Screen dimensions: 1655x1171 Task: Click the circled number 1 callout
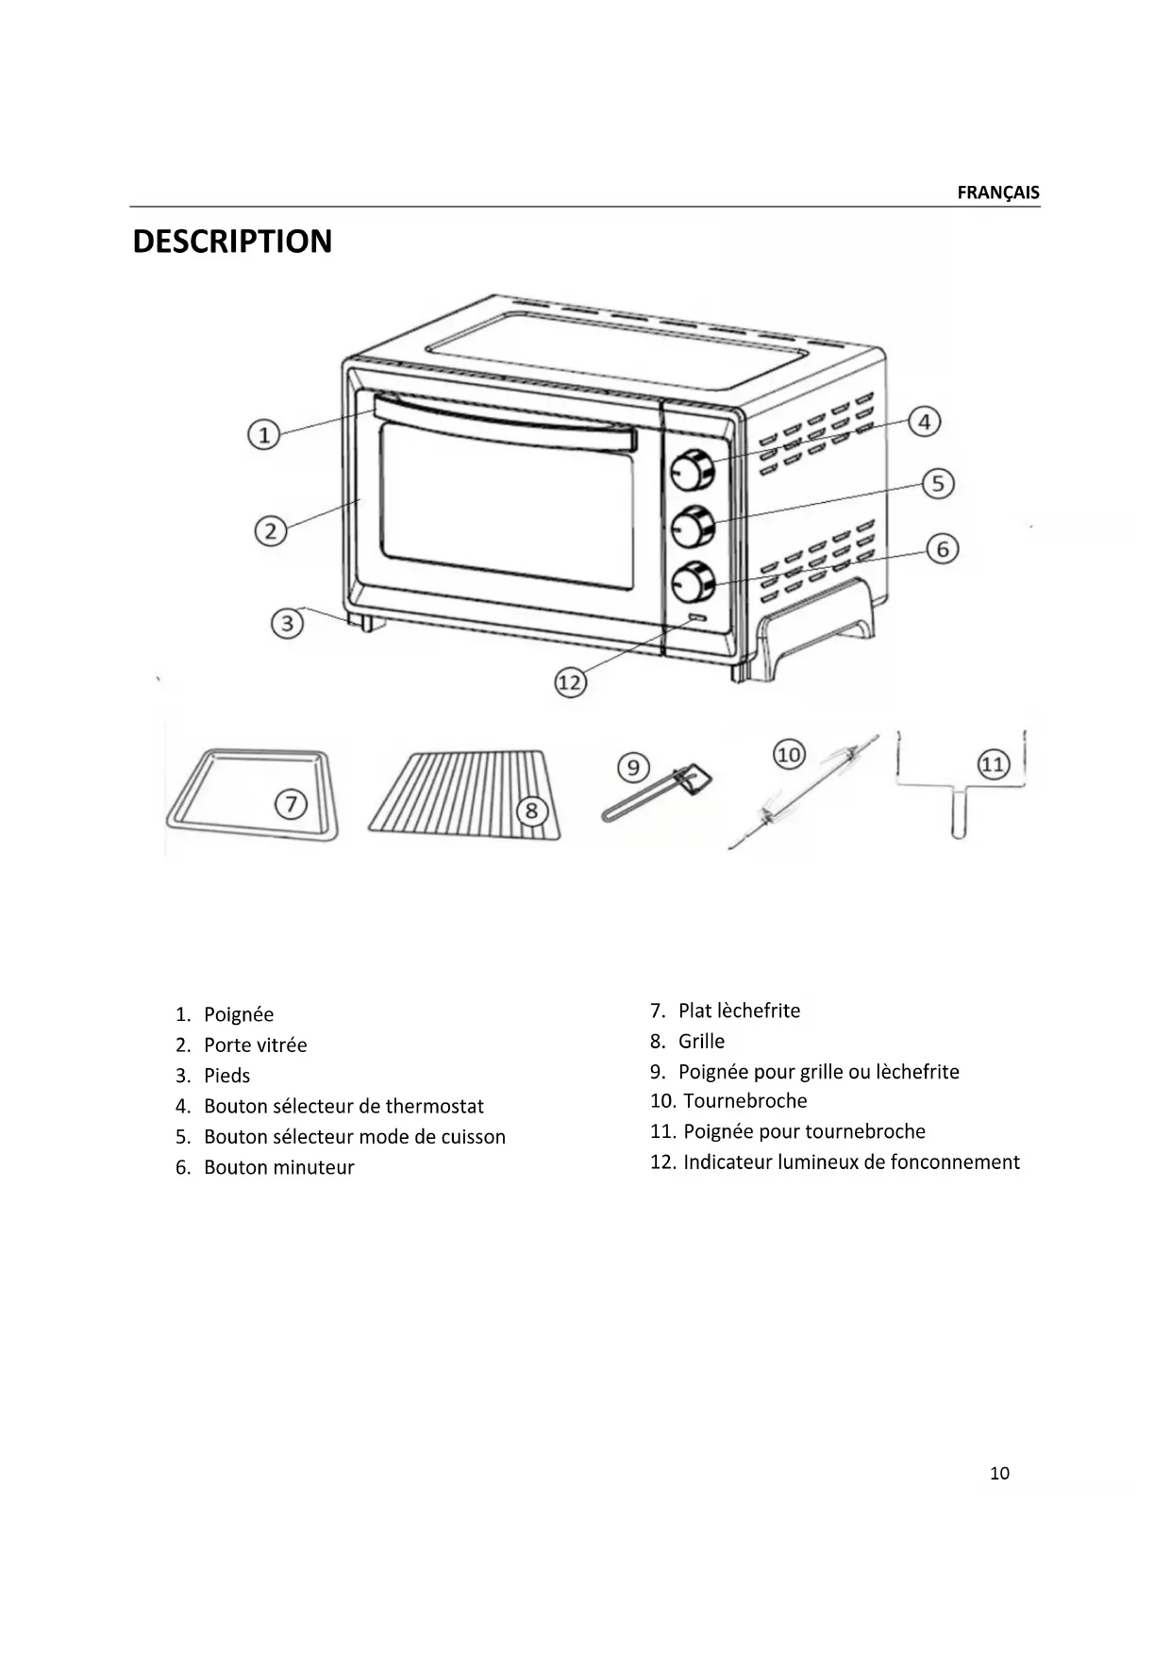(x=264, y=435)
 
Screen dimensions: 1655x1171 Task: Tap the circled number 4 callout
(x=924, y=422)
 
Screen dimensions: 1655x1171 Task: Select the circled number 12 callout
(x=570, y=682)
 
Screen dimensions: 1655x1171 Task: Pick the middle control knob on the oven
(x=694, y=527)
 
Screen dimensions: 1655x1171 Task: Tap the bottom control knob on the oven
(x=694, y=584)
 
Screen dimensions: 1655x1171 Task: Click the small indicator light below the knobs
(x=696, y=620)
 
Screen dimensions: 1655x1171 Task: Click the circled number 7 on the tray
(x=291, y=805)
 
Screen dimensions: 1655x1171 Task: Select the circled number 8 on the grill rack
(x=531, y=810)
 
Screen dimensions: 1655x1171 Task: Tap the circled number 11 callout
(x=993, y=763)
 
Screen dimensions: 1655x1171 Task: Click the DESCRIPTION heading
(x=232, y=242)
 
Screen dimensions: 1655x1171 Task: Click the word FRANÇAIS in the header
(x=997, y=192)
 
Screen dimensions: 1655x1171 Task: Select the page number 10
(x=999, y=1473)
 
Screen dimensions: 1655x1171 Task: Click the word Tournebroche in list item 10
(x=744, y=1101)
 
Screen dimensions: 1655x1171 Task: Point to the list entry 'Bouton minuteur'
(x=278, y=1167)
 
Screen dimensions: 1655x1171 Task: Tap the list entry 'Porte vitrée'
(x=255, y=1045)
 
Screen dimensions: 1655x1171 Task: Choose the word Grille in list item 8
(x=701, y=1042)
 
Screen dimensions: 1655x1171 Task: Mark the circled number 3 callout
(x=287, y=623)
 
